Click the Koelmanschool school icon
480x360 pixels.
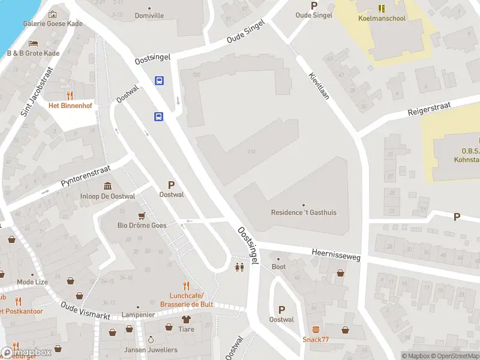pyautogui.click(x=381, y=8)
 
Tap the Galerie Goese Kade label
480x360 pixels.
pyautogui.click(x=53, y=24)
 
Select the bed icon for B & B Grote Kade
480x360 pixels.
pyautogui.click(x=34, y=43)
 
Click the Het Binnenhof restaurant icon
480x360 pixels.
pyautogui.click(x=70, y=95)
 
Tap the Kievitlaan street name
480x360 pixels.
pyautogui.click(x=319, y=85)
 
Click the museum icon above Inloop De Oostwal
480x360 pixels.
pyautogui.click(x=107, y=185)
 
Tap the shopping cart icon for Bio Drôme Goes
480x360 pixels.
pyautogui.click(x=142, y=215)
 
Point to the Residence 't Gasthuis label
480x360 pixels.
pyautogui.click(x=304, y=212)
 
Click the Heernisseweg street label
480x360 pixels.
pyautogui.click(x=336, y=255)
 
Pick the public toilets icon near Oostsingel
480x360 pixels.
pyautogui.click(x=240, y=268)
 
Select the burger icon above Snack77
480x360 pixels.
pyautogui.click(x=316, y=329)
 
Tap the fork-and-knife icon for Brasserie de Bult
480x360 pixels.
pyautogui.click(x=187, y=286)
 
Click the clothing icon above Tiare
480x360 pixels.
pyautogui.click(x=186, y=319)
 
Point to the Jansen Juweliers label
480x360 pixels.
pyautogui.click(x=151, y=350)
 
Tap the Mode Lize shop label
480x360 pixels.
pyautogui.click(x=32, y=282)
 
